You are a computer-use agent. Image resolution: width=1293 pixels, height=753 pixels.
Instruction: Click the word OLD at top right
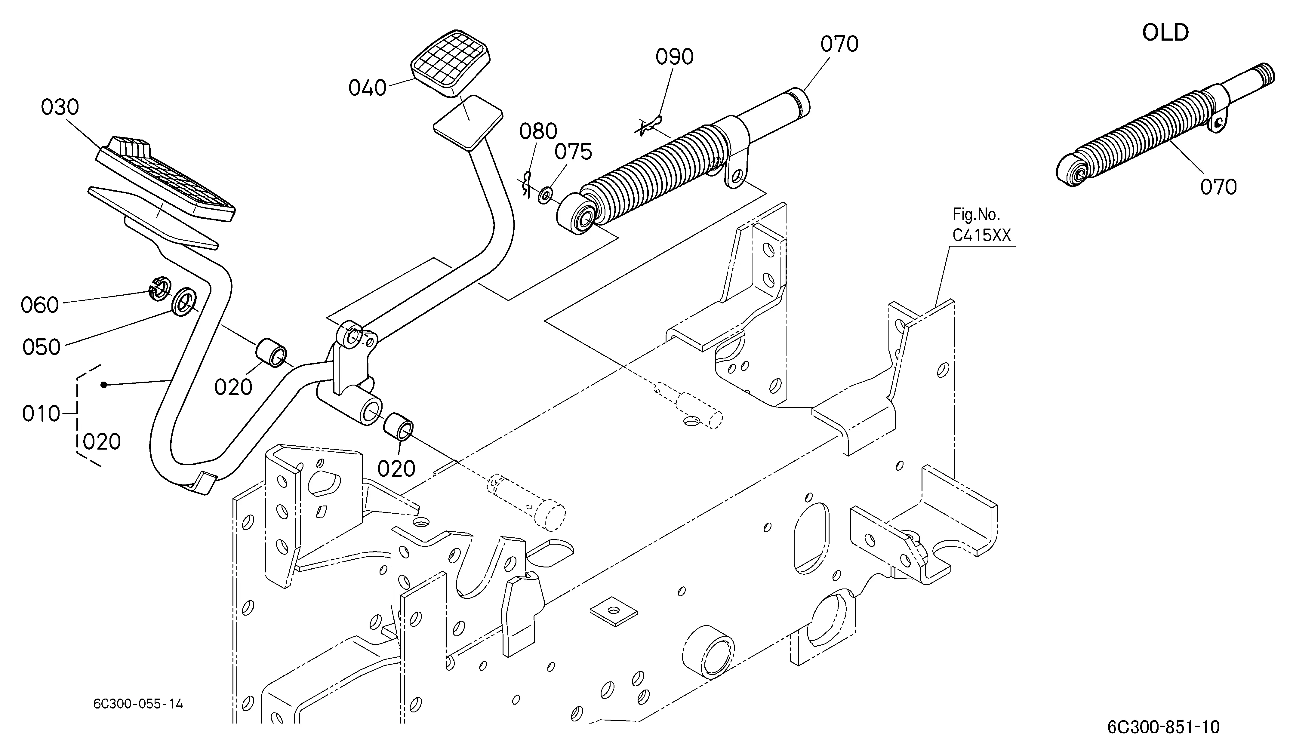1165,33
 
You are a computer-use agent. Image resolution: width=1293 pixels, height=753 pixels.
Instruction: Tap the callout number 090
674,57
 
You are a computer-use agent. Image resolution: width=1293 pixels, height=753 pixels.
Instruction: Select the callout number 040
367,88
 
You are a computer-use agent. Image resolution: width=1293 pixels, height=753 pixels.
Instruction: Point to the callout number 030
60,107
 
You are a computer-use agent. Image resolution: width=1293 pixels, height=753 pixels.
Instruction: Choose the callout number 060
39,305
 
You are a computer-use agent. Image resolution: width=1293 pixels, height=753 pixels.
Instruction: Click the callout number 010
41,413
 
